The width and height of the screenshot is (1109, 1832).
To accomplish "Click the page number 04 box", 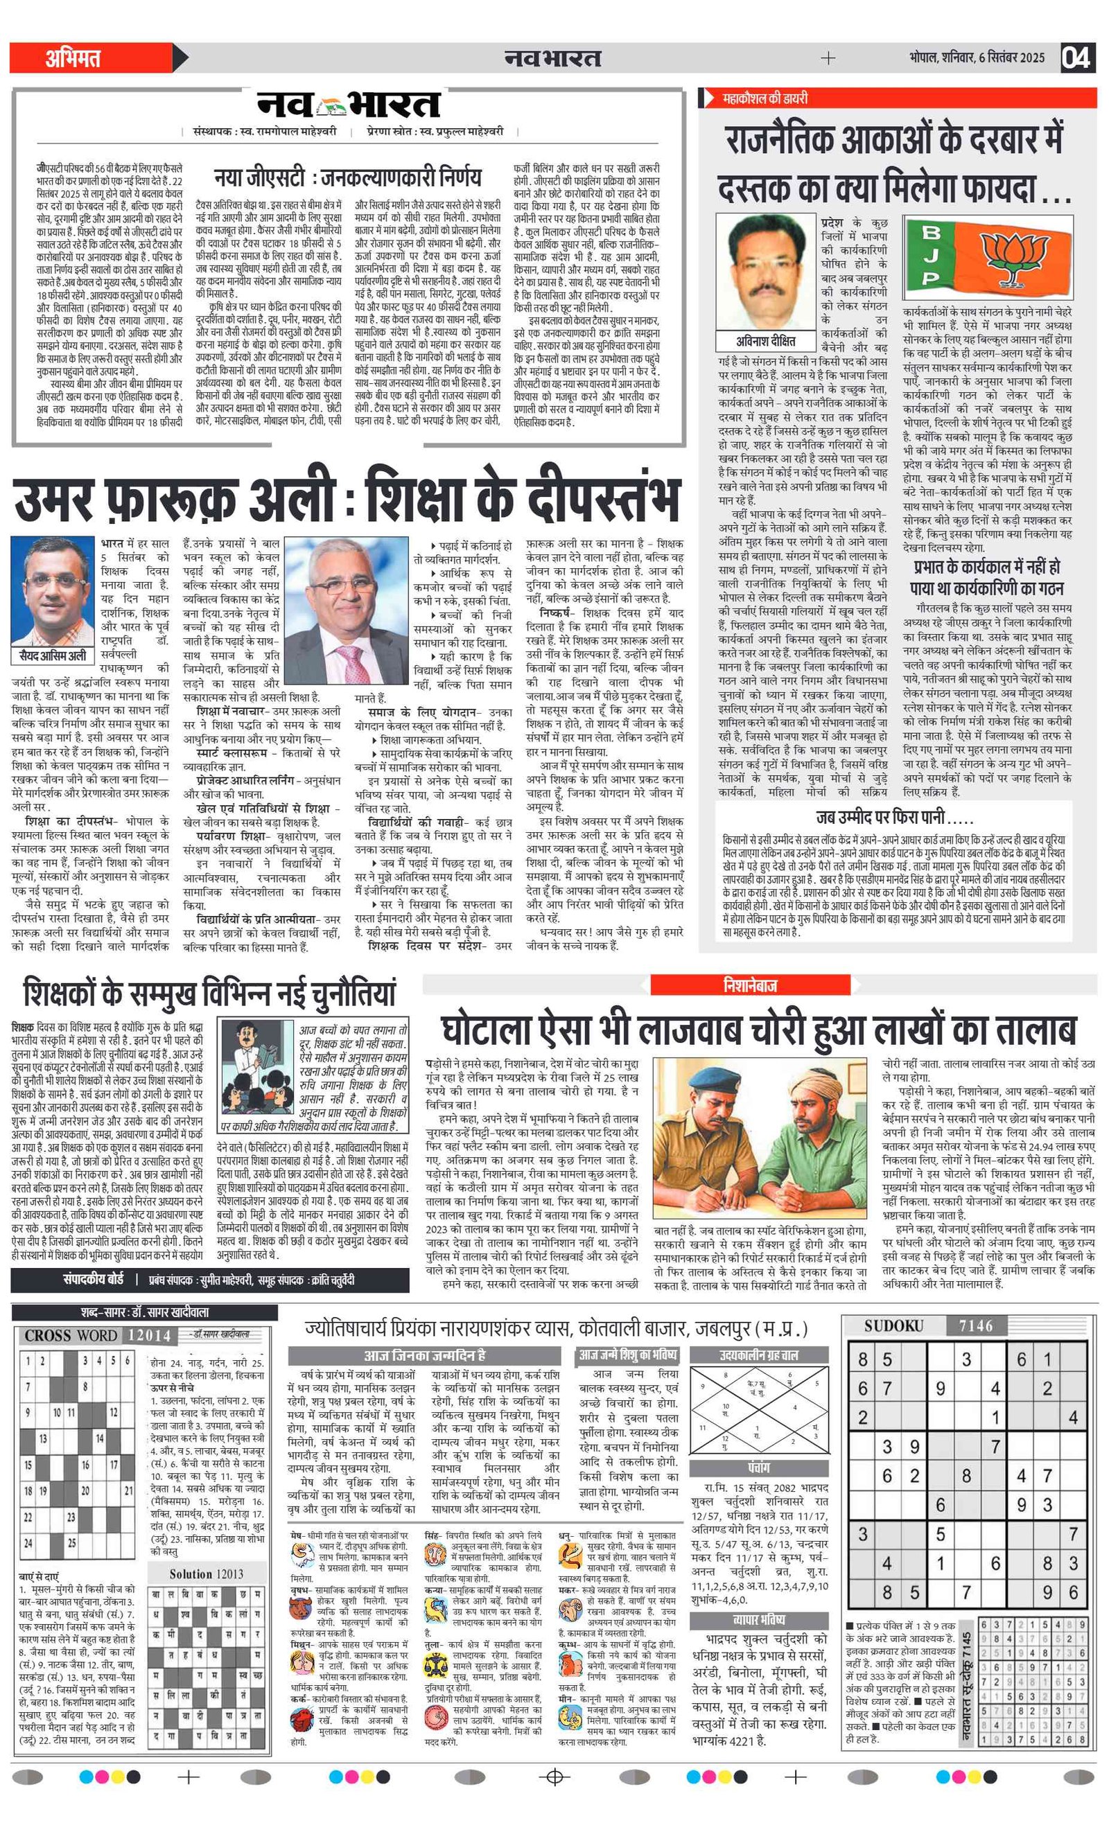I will [x=1076, y=58].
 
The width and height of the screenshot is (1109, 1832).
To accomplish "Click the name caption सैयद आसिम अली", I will [x=53, y=655].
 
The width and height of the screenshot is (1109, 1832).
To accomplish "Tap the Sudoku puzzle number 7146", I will [x=975, y=1325].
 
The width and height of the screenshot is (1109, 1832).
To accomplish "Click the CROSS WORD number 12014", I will [x=150, y=1335].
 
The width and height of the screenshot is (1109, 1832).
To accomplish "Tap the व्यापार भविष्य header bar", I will [x=759, y=1619].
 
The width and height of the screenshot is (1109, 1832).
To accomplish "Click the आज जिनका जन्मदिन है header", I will [x=424, y=1355].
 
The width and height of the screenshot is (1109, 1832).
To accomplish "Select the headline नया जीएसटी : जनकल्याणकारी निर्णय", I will [x=347, y=177].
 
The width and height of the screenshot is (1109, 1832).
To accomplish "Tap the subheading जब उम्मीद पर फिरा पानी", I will [x=894, y=818].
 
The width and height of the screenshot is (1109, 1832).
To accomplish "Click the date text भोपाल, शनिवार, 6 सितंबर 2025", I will [x=976, y=58].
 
